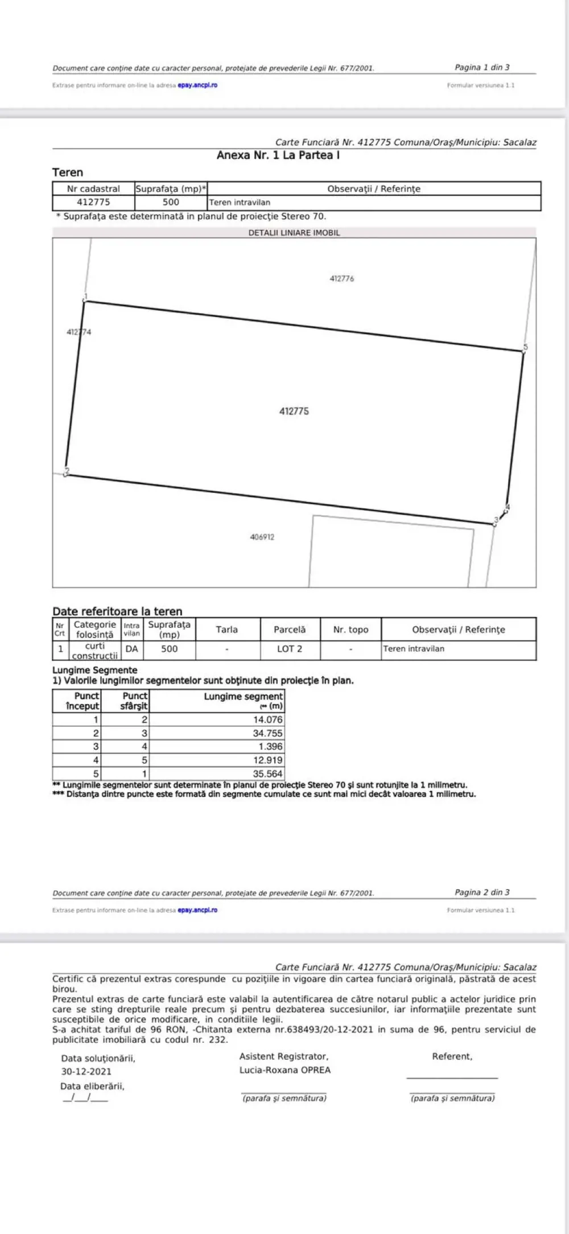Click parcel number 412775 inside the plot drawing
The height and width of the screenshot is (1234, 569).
click(x=294, y=411)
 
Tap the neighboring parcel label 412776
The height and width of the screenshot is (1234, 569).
click(x=341, y=279)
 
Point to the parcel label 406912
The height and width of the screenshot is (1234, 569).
click(x=262, y=537)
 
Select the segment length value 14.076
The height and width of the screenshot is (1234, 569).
click(x=267, y=719)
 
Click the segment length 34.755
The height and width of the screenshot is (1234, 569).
click(x=267, y=733)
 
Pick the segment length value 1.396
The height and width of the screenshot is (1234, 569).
click(x=270, y=746)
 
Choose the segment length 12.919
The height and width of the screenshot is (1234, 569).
click(x=267, y=760)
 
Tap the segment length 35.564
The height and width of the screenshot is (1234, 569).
click(x=267, y=774)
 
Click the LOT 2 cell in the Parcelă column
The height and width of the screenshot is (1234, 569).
click(x=290, y=649)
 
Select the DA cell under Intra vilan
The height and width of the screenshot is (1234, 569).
click(x=131, y=649)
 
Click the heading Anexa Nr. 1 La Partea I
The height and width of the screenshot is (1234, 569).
click(x=278, y=155)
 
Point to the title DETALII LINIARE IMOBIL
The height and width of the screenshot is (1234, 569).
click(x=294, y=232)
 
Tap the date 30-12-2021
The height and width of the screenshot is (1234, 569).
click(x=86, y=1071)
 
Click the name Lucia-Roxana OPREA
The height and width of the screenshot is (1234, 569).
click(x=285, y=1070)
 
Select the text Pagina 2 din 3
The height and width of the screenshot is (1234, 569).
click(x=482, y=892)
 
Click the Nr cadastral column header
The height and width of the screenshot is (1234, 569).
click(x=93, y=188)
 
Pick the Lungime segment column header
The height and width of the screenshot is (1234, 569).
click(x=244, y=696)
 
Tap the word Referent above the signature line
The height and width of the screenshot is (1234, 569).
click(x=452, y=1056)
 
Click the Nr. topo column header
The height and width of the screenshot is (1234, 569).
click(x=351, y=630)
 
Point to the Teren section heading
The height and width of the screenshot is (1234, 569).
click(x=68, y=172)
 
